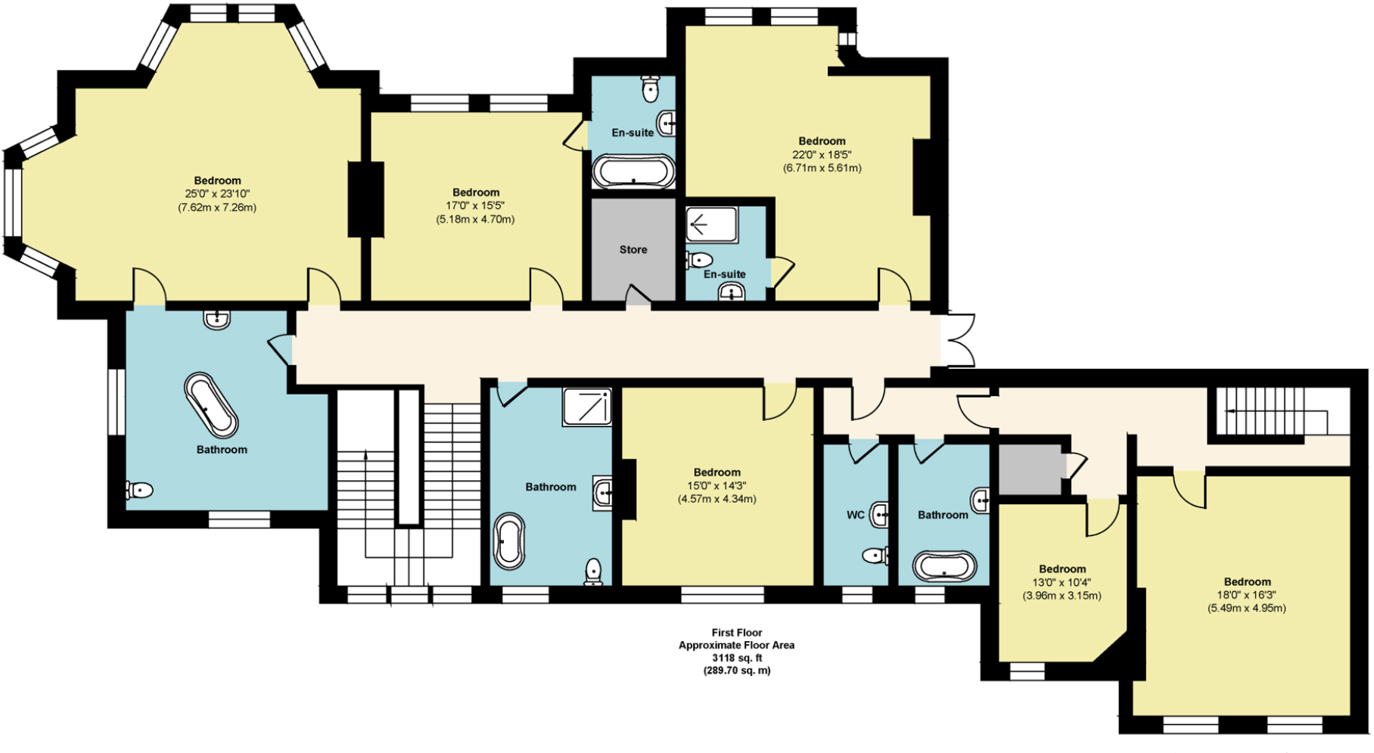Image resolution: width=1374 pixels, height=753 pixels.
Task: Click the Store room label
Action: point(633,249)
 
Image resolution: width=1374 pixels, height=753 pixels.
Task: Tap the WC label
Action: point(855,515)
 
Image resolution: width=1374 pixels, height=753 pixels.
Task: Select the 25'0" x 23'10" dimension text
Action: point(217,194)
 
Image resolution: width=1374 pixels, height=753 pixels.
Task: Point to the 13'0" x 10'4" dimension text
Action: point(1062,582)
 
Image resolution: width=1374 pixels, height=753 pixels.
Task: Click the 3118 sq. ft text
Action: point(736,658)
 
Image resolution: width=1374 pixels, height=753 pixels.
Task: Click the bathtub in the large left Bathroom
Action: point(211,404)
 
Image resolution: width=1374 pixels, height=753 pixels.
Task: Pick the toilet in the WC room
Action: point(875,556)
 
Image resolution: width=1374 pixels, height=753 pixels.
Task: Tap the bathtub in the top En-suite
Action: point(633,172)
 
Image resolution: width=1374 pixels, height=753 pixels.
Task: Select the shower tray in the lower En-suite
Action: point(711,225)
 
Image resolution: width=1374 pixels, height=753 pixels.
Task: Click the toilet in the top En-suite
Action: point(650,88)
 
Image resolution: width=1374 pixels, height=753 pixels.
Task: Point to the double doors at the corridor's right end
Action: point(957,341)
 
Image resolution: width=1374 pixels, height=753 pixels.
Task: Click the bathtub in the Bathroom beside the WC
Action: point(944,566)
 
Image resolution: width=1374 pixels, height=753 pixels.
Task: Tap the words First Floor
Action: point(736,633)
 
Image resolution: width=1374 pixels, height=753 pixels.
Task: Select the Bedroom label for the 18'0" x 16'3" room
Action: point(1247,581)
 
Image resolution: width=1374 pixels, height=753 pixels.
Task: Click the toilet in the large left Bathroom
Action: point(140,491)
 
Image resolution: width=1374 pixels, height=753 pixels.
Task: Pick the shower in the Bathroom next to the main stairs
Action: point(586,407)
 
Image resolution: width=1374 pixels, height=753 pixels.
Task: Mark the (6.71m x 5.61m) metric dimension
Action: point(822,168)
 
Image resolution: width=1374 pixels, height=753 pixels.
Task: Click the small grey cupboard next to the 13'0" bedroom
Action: point(1029,469)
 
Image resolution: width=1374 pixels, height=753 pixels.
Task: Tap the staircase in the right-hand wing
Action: point(1271,412)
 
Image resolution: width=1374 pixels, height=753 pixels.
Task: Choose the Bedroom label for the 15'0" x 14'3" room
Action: point(717,472)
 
